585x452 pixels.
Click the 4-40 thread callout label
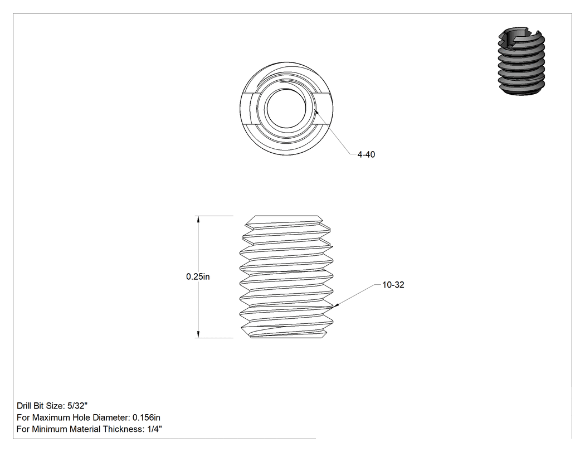(x=366, y=154)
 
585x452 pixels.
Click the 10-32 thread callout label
(x=393, y=285)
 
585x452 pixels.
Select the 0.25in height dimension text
(x=198, y=276)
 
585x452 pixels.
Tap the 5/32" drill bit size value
(x=77, y=406)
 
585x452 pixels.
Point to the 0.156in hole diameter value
(x=146, y=417)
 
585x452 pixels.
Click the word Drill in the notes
(x=24, y=406)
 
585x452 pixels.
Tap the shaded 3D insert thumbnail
(x=521, y=60)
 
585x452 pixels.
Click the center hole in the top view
(x=286, y=108)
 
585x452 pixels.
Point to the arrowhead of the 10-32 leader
(x=335, y=305)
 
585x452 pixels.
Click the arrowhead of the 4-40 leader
(x=316, y=111)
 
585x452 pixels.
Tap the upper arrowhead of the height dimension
(x=198, y=220)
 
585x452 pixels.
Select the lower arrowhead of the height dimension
(x=198, y=334)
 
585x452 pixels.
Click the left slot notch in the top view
(x=247, y=108)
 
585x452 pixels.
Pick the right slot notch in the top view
(x=325, y=108)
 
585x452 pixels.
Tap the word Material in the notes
(x=86, y=429)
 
